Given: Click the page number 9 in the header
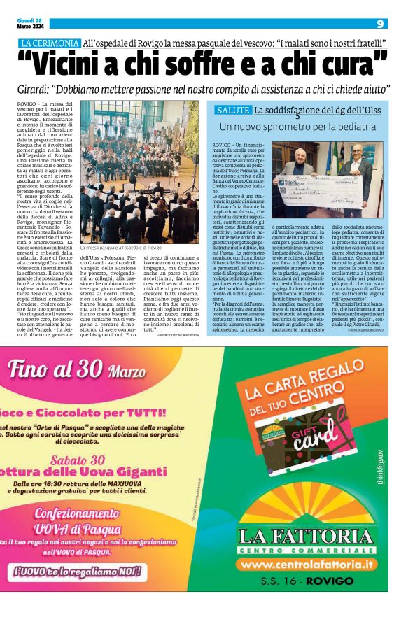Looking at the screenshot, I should (379, 23).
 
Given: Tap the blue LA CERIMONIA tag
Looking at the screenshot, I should (50, 43).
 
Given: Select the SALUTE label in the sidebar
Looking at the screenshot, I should (233, 110).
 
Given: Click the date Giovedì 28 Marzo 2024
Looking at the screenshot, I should (30, 24).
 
